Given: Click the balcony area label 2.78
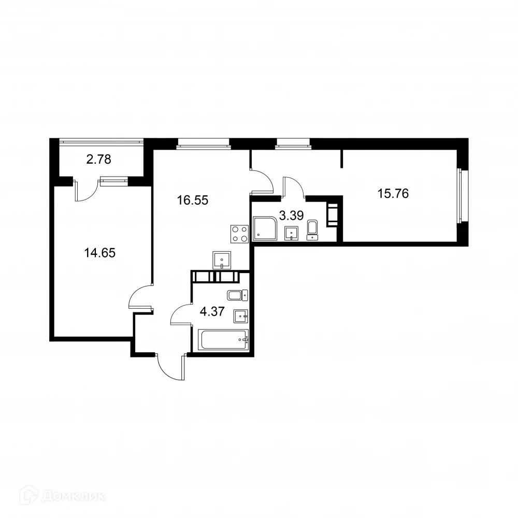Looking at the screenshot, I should [98, 160].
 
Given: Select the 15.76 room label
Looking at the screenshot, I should [394, 194].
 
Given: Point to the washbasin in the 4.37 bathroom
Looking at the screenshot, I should [241, 315].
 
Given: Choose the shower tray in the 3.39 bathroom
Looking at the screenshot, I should [266, 229].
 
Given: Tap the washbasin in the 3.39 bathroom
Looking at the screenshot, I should [292, 233].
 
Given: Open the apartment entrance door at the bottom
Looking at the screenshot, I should [170, 368].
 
